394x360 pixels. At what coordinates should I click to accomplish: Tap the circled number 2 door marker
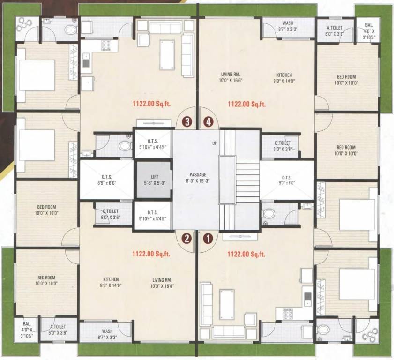click(187, 238)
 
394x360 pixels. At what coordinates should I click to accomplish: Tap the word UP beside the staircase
click(214, 143)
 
